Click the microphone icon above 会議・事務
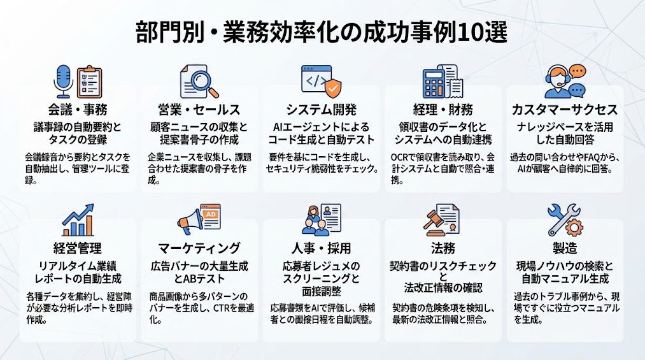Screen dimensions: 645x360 [63, 81]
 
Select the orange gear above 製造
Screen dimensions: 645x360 [574, 227]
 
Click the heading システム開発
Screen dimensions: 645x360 [322, 110]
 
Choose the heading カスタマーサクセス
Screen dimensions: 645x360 [565, 110]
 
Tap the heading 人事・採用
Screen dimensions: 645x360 [322, 248]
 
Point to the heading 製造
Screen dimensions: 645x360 [565, 248]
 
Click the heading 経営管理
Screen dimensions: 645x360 [78, 248]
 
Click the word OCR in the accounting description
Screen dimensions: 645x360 [400, 157]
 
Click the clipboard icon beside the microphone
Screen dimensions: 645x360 [89, 82]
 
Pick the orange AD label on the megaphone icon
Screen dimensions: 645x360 [211, 214]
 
